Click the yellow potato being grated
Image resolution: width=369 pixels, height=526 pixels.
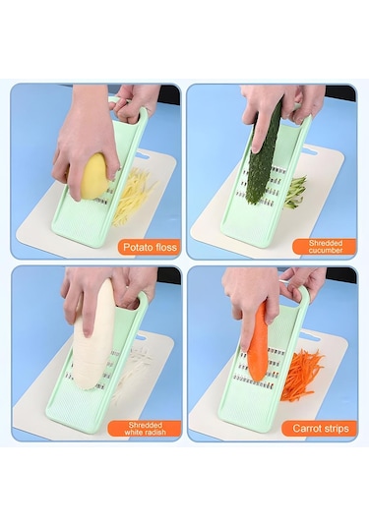point(95,176)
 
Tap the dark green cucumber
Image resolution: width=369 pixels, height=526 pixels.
point(266,157)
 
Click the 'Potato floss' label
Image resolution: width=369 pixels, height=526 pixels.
point(150,247)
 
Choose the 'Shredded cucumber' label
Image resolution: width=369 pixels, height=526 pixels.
point(325,247)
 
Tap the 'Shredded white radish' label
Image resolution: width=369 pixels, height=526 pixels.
point(145,429)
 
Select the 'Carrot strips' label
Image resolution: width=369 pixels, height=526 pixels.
point(321,429)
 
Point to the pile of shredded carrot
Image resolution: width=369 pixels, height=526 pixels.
point(300,374)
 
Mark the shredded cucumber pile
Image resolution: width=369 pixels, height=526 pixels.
point(295,192)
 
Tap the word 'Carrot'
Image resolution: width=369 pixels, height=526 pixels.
point(306,429)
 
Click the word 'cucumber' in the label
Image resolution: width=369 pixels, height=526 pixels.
point(326,251)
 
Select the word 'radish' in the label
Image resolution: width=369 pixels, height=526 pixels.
point(155,433)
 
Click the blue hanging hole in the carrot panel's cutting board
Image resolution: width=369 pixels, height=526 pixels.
point(310,336)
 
